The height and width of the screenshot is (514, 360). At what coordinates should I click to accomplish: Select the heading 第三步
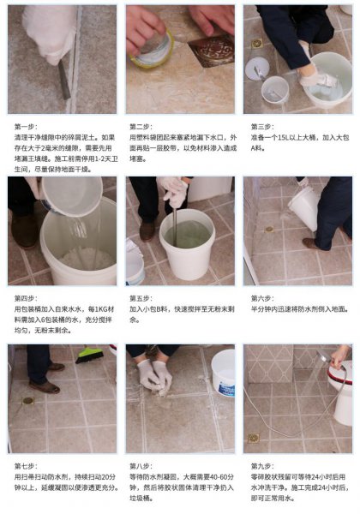point(259,125)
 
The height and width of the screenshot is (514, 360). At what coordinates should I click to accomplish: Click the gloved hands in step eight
point(154,374)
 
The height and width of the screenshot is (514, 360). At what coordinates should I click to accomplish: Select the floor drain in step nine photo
point(254,438)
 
